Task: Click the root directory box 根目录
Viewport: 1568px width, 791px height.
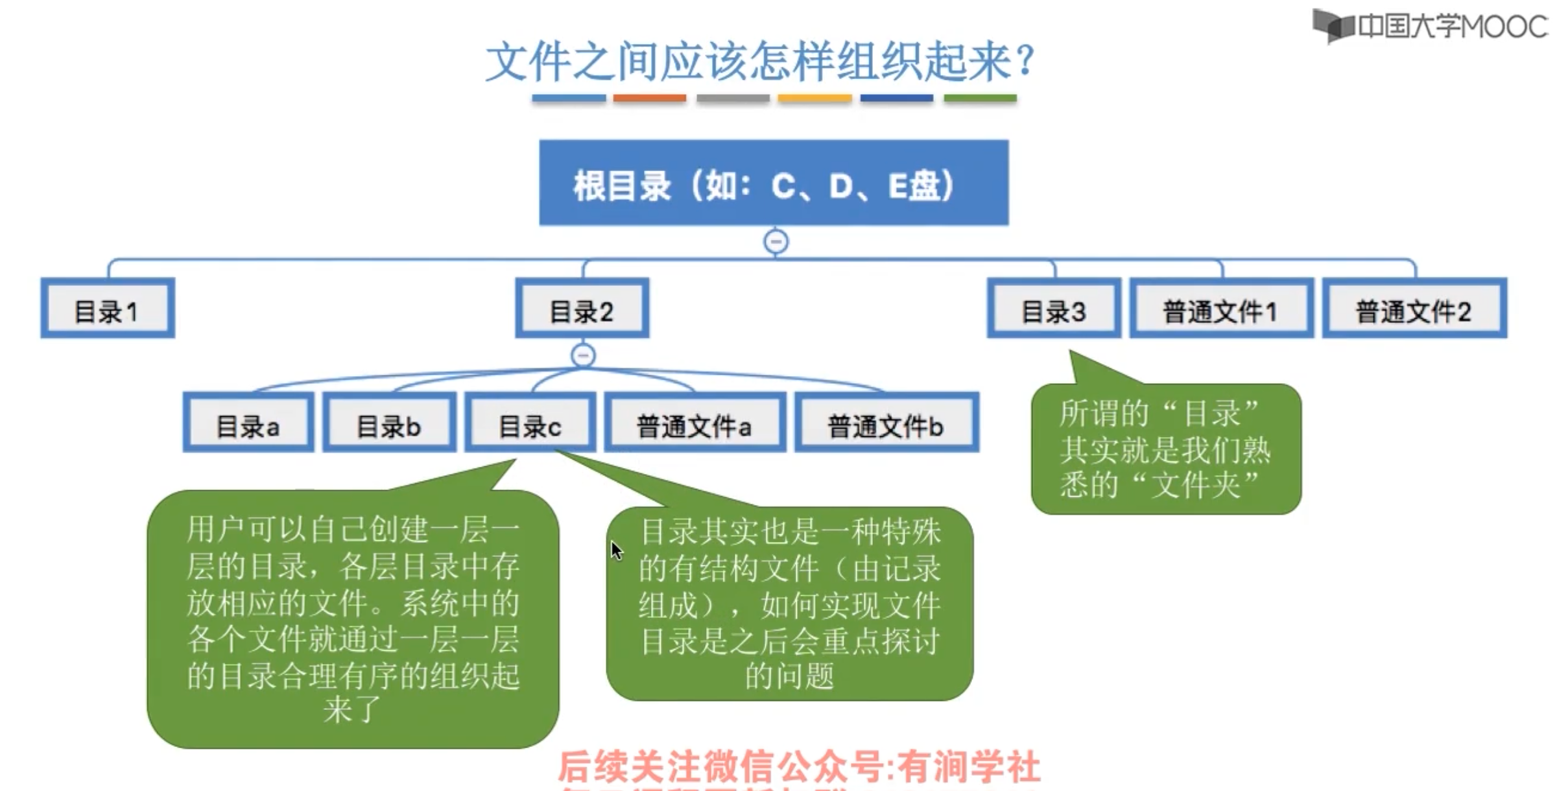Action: coord(774,183)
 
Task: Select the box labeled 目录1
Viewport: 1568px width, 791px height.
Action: coord(108,309)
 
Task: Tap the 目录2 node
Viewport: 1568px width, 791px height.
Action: coord(582,309)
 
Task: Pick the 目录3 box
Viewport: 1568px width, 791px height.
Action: coord(1054,309)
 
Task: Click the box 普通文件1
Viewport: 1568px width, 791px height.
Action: coord(1221,309)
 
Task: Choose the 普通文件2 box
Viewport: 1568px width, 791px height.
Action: coord(1414,309)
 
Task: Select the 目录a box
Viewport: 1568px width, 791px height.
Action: coord(248,423)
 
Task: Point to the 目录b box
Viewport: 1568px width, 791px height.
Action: coord(389,423)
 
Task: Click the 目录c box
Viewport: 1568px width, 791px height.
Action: coord(530,423)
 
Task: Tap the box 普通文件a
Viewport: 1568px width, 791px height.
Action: coord(695,423)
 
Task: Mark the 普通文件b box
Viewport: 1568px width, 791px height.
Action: coord(886,423)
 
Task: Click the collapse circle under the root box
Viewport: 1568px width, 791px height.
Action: coord(776,242)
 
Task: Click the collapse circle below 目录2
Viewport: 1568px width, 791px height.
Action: coord(583,355)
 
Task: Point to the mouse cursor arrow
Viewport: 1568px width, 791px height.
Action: coord(616,551)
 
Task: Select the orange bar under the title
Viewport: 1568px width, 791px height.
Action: coord(650,99)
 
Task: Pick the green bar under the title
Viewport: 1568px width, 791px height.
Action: coord(980,99)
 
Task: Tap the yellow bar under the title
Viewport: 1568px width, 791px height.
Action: coord(814,99)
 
